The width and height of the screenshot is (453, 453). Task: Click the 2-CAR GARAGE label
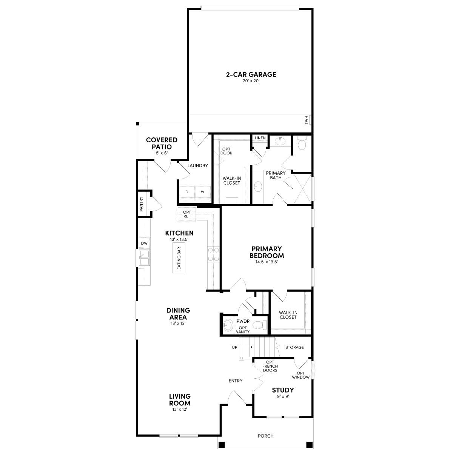(251, 74)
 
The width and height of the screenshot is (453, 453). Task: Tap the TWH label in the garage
(306, 120)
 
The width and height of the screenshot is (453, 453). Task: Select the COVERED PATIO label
(162, 143)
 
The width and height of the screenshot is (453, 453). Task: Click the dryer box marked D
(186, 192)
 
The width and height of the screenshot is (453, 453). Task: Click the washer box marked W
(203, 192)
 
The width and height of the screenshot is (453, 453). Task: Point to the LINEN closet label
(260, 138)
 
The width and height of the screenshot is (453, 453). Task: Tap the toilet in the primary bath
(302, 143)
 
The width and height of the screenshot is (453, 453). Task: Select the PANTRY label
(142, 204)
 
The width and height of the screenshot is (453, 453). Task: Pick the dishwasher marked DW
(144, 243)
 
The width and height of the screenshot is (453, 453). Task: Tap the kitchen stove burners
(214, 254)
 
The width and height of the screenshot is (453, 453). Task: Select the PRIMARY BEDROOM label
(267, 252)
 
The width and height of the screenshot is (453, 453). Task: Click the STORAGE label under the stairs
(294, 347)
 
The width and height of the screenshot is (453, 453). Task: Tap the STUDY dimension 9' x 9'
(283, 396)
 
